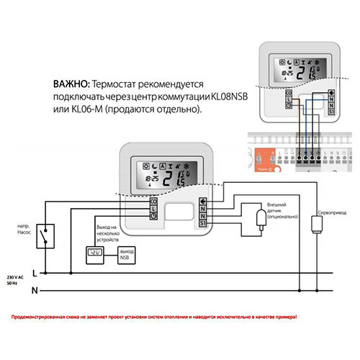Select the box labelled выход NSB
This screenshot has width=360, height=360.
pos(127,254)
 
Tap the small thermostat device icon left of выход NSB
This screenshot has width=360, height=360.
pos(95,253)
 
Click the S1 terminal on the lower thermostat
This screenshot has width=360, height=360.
pos(203,224)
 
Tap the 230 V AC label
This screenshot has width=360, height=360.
pos(14,276)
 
